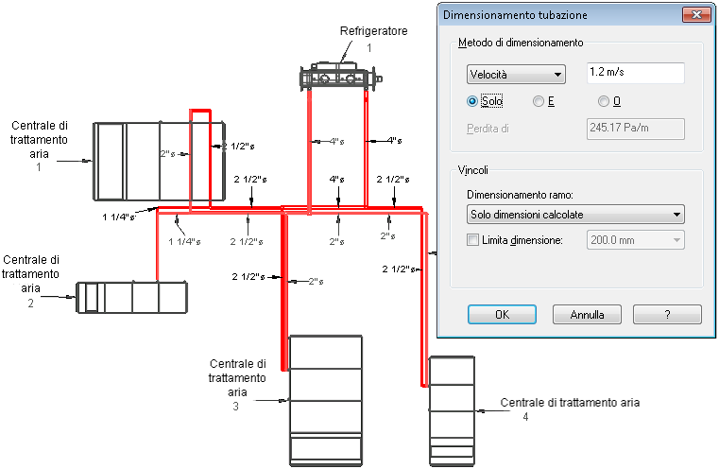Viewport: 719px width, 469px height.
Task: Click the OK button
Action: pos(502,314)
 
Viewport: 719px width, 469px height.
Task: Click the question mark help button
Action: pos(667,314)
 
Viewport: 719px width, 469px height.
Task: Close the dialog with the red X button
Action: pos(695,15)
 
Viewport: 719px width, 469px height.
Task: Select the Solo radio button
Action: pos(472,101)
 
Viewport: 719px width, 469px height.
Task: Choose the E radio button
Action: pos(539,101)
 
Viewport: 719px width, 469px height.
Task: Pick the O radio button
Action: pos(604,101)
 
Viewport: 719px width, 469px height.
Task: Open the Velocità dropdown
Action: pos(516,74)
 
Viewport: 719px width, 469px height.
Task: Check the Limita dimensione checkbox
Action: pos(473,241)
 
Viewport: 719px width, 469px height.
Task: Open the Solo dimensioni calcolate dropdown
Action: pos(575,215)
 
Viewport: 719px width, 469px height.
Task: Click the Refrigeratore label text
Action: pos(373,32)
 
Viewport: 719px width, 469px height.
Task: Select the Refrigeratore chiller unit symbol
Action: pos(339,77)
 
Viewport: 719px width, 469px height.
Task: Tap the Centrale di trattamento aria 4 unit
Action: pos(451,407)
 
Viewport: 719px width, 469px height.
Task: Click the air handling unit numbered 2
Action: pos(131,297)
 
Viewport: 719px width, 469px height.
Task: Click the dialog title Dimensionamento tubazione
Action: pos(515,15)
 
